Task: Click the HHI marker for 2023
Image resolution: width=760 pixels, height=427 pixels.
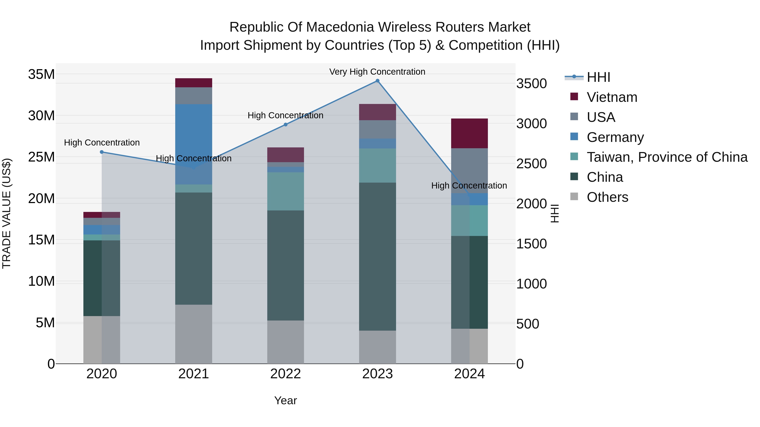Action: pos(377,81)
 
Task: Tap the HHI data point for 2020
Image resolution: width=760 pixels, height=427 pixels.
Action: pos(102,152)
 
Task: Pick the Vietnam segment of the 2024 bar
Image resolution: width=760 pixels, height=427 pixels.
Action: pos(469,133)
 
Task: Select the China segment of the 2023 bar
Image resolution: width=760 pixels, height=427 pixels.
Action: pos(377,256)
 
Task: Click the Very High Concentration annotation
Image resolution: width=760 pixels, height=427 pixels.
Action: pos(377,72)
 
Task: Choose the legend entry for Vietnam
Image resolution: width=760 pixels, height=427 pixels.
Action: pos(612,97)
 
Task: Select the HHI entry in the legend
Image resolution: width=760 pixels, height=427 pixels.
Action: pos(598,77)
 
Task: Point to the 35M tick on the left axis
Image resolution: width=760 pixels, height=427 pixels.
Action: pos(41,74)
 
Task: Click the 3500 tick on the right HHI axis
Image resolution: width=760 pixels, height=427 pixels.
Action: pos(531,84)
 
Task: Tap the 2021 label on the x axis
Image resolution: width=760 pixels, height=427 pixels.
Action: pos(194,374)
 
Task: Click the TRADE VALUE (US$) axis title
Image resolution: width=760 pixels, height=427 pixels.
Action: pos(7,213)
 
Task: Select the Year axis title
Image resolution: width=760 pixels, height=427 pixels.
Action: pos(285,400)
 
